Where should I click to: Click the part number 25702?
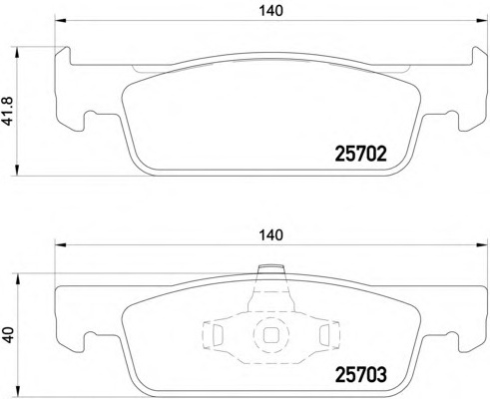[360, 155]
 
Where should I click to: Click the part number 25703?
[360, 375]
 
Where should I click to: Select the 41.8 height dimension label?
[7, 112]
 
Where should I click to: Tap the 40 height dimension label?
[7, 335]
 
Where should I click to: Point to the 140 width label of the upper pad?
[271, 11]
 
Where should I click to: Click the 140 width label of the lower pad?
[271, 235]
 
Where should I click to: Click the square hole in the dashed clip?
[271, 335]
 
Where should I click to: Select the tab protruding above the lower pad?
[271, 269]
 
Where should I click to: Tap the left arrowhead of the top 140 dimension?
[61, 21]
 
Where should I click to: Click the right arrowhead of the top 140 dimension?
[483, 21]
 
